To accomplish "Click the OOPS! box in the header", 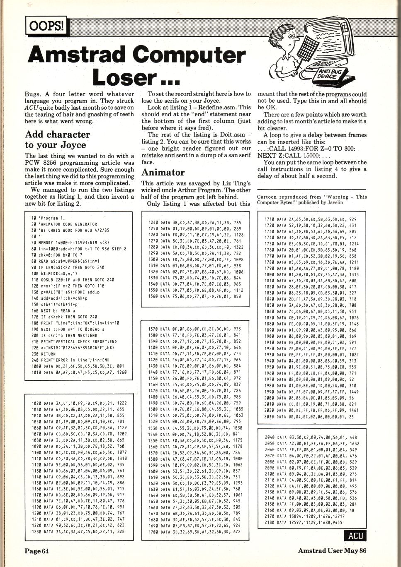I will point(46,26).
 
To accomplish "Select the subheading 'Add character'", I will point(57,135).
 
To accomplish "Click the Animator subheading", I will point(163,172).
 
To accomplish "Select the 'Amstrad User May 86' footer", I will point(332,550).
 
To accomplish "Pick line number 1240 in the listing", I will point(153,223).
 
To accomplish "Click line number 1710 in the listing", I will point(270,219).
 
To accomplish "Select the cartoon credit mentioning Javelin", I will point(312,200).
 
